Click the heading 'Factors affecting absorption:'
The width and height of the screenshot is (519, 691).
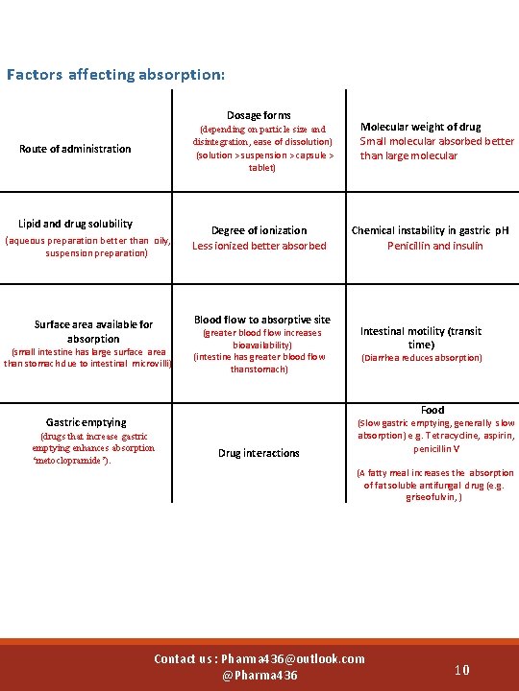(115, 74)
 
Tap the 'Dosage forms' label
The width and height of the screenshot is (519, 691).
(259, 115)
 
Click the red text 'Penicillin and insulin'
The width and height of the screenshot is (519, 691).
(434, 246)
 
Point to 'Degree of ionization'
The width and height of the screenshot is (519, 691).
(259, 230)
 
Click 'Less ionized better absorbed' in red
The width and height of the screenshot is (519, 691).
(259, 246)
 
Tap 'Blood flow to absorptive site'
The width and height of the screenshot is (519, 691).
(261, 320)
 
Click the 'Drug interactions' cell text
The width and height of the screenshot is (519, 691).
(259, 453)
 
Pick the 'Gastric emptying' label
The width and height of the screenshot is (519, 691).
(86, 422)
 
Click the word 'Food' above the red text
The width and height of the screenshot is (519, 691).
(432, 410)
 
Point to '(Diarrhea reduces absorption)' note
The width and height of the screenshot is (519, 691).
(434, 358)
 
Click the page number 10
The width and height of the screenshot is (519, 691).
(462, 669)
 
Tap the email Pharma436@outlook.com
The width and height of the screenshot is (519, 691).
(293, 658)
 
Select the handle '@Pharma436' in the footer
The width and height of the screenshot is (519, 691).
(259, 676)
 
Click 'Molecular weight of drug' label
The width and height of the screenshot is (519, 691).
(421, 127)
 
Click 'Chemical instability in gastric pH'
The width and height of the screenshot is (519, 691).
(430, 230)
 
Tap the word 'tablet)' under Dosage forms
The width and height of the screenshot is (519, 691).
(261, 168)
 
